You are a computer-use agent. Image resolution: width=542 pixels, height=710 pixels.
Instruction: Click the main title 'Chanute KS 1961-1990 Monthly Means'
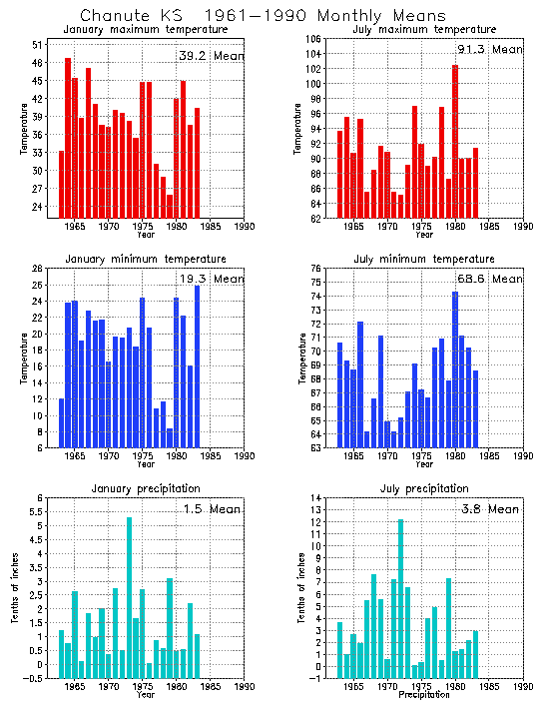pos(249,16)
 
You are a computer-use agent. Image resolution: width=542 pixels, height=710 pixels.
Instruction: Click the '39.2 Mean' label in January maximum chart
pos(211,56)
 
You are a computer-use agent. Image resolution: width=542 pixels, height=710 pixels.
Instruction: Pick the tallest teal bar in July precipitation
pos(401,599)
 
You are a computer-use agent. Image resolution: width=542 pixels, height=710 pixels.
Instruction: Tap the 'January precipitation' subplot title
pos(146,489)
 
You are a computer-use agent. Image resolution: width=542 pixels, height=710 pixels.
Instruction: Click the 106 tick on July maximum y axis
pos(313,39)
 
